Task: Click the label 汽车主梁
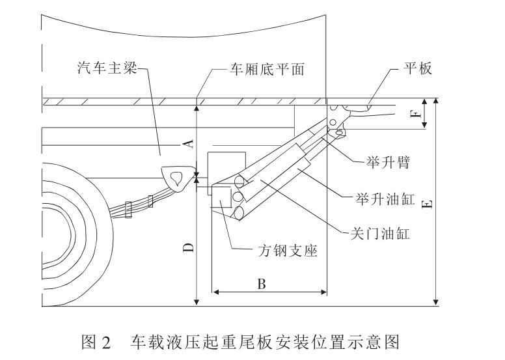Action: coord(107,68)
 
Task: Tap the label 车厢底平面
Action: coord(265,68)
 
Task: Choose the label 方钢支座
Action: coord(286,251)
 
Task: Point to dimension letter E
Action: coord(428,204)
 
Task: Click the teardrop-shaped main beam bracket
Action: coord(176,178)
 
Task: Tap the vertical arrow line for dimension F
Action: coord(424,115)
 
